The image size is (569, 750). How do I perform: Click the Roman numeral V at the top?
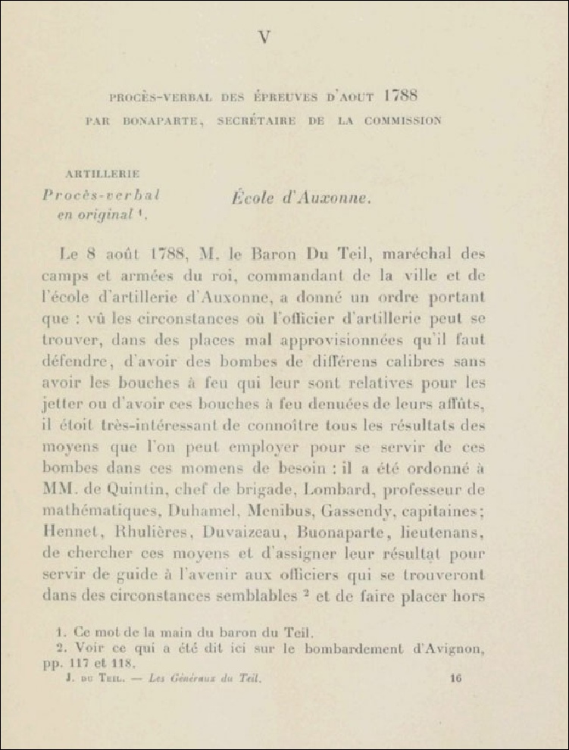point(264,37)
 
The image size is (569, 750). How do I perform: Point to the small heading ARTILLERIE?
point(102,174)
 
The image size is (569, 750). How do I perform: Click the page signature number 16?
point(455,679)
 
